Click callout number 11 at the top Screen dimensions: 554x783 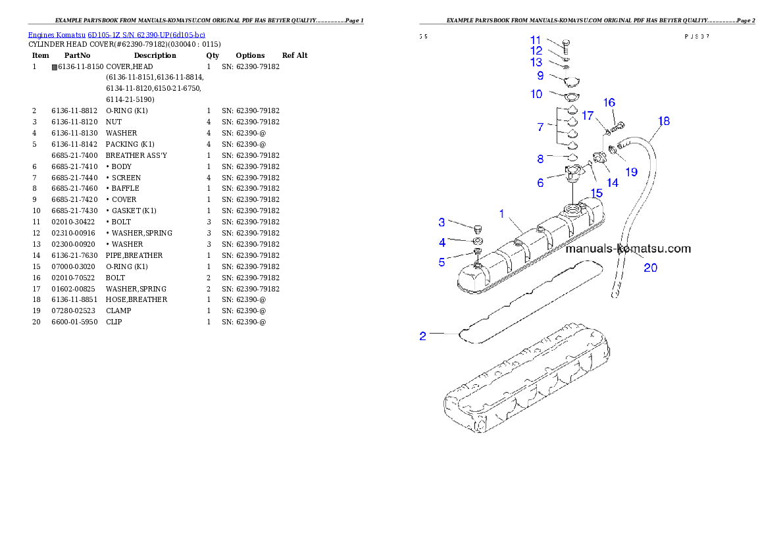click(536, 40)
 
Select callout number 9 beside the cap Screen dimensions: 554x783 click(540, 76)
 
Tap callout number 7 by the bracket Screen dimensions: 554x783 click(540, 127)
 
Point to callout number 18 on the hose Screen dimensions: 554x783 click(664, 121)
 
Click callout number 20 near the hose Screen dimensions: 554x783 click(650, 267)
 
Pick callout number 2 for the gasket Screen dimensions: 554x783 click(423, 336)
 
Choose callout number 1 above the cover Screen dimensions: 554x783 click(502, 214)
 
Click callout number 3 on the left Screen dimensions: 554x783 click(442, 222)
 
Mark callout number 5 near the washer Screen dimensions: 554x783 click(442, 263)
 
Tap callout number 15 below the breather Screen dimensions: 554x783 click(596, 193)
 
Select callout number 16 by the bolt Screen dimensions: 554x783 click(609, 103)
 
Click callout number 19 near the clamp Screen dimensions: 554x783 click(631, 172)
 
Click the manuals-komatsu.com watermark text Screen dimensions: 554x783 click(628, 249)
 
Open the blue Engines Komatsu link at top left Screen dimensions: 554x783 click(116, 35)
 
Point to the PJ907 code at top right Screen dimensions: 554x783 click(696, 37)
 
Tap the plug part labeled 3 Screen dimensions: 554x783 click(478, 228)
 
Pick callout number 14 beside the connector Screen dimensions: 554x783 click(612, 183)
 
